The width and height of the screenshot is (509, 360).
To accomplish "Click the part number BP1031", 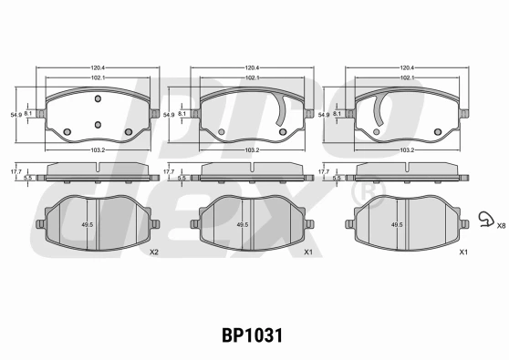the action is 253,335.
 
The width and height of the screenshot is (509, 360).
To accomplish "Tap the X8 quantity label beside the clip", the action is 501,226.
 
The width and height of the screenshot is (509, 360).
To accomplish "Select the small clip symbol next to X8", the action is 486,219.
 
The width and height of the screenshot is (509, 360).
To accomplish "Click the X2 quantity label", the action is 154,252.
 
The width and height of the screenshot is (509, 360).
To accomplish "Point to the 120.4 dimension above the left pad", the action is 98,67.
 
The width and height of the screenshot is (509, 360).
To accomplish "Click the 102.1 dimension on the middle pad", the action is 253,77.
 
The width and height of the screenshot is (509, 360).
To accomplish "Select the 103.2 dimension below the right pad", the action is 407,150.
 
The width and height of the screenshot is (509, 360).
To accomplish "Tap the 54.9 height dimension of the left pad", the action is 16,115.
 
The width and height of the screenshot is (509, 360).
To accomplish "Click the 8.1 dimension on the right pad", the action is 338,114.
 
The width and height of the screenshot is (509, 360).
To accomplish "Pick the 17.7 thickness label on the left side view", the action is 16,171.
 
